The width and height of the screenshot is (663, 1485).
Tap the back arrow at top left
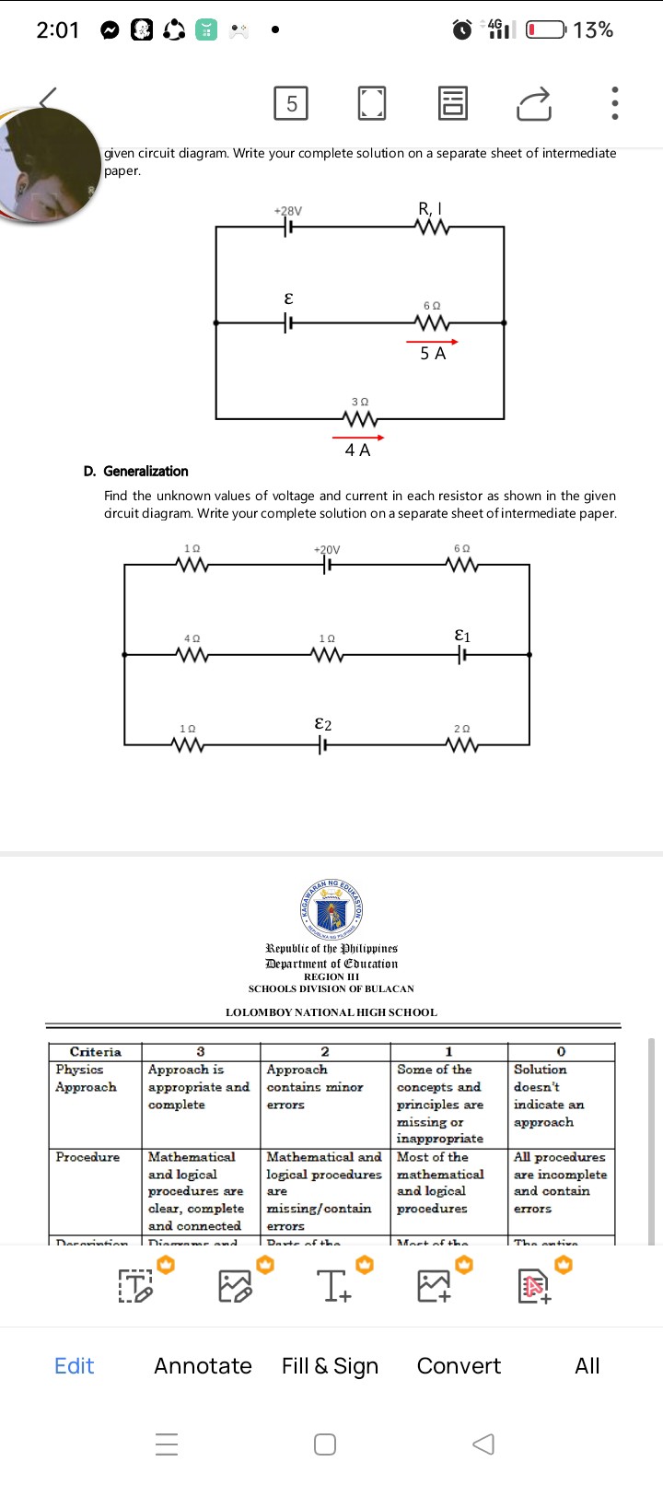tap(48, 98)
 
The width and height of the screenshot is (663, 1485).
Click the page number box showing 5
tap(291, 103)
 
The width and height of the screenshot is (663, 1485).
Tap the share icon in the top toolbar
tap(534, 104)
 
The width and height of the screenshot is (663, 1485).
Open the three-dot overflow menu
tap(614, 103)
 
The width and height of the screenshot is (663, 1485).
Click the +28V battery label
tap(288, 211)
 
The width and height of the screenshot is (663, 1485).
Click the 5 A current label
tap(433, 354)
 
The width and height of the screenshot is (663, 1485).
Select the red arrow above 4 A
tap(358, 437)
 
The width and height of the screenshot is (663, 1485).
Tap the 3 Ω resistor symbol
tap(359, 419)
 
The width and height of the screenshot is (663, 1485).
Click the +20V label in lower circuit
tap(327, 550)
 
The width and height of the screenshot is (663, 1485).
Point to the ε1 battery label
tap(463, 636)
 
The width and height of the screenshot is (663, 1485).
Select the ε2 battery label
tap(323, 724)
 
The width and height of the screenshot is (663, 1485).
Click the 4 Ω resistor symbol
tap(192, 655)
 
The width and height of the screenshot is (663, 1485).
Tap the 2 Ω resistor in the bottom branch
tap(462, 744)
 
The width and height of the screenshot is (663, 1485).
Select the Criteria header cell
tap(96, 1052)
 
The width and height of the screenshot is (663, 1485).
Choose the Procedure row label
tap(87, 1157)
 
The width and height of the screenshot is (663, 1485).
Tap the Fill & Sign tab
tap(330, 1366)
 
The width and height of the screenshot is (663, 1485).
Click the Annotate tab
tap(203, 1366)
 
